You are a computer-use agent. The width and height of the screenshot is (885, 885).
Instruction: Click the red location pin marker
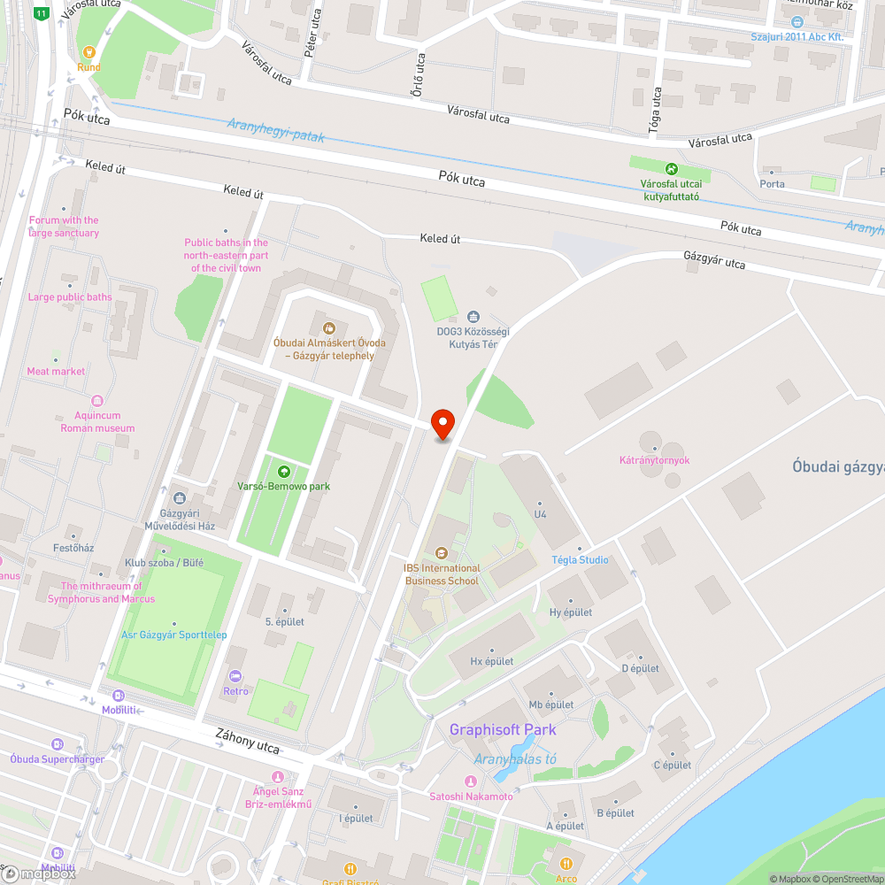pos(442,424)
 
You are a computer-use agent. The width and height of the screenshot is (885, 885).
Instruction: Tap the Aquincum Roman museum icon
pos(97,401)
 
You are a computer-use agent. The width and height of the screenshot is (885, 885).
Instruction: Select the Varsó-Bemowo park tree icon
pos(284,472)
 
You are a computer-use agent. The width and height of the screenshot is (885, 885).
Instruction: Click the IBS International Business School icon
pos(442,553)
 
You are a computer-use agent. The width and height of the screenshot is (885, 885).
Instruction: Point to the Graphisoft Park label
pos(503,730)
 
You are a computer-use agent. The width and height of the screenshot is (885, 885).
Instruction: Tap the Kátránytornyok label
pos(654,460)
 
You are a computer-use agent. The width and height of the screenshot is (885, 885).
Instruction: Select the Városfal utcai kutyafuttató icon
pos(671,168)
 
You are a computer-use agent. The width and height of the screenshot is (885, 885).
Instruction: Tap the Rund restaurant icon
pos(88,52)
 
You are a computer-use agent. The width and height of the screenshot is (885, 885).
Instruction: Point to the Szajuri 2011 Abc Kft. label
pos(796,36)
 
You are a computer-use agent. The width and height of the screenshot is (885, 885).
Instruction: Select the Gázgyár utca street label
pos(713,259)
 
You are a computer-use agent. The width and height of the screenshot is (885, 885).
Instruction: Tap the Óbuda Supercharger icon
pos(58,744)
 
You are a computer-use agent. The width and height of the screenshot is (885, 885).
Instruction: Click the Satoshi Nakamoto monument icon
pos(471,781)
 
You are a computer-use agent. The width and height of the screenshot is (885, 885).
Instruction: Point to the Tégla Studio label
pos(580,560)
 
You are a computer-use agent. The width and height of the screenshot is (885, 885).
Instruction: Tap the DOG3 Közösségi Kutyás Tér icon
pos(473,316)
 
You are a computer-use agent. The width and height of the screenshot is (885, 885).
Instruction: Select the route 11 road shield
pos(42,13)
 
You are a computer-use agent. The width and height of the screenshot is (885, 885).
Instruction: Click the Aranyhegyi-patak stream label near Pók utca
pos(275,131)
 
